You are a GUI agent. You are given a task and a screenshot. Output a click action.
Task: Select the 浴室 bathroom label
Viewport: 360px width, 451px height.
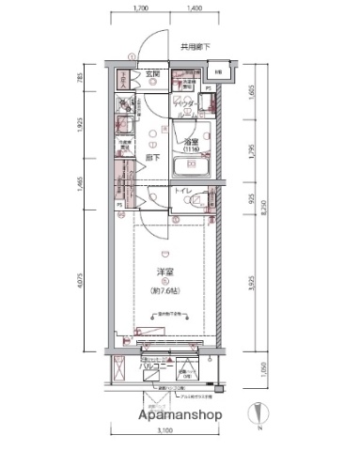coord(192,142)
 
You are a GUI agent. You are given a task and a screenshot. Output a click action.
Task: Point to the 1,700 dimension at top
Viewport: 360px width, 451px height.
coord(141,8)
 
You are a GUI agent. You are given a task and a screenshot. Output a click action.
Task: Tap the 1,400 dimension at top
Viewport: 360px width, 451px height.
coord(196,8)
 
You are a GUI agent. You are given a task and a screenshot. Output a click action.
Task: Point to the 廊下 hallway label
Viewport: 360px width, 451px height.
coord(150,159)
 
